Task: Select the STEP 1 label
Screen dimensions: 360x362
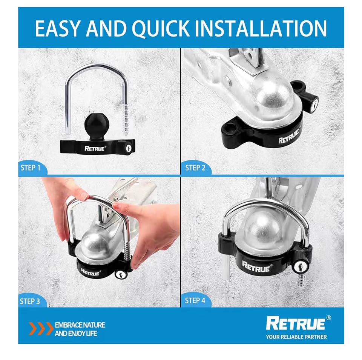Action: pos(30,167)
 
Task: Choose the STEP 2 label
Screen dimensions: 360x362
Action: pos(195,167)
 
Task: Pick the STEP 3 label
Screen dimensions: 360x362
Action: pos(30,301)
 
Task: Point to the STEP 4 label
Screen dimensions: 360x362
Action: pos(195,301)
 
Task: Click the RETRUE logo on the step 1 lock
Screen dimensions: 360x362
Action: pos(96,148)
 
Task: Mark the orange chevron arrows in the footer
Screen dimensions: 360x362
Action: pos(41,329)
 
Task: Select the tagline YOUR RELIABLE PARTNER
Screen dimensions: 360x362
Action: pos(296,337)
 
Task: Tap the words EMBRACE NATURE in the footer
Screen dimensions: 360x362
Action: pos(80,325)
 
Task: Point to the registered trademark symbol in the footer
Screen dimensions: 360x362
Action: pos(328,318)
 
